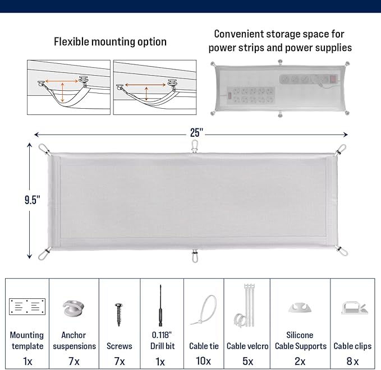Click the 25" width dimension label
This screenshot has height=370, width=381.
click(x=195, y=133)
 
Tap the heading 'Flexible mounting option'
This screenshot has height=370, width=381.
click(x=110, y=41)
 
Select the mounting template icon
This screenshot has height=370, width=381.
click(x=27, y=306)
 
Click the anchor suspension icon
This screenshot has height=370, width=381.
click(x=74, y=307)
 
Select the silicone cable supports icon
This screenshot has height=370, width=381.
click(x=300, y=307)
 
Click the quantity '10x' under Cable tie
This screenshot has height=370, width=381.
click(x=203, y=362)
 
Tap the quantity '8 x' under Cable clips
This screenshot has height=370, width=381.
click(x=352, y=362)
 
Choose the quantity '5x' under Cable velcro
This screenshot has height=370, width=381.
click(x=247, y=362)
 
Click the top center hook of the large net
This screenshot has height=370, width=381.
click(x=195, y=147)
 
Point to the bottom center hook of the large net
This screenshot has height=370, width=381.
click(x=195, y=256)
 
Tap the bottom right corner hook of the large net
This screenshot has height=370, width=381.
click(x=342, y=251)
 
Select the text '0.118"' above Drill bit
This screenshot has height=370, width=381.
click(x=162, y=335)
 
